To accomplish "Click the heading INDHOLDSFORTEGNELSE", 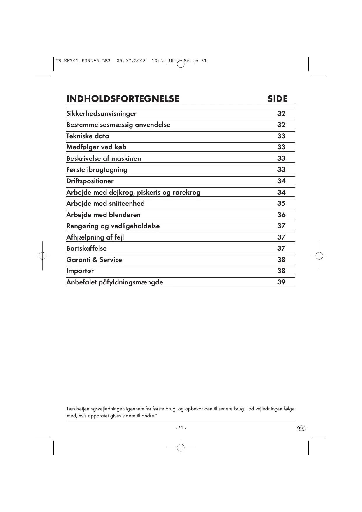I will tap(123, 99).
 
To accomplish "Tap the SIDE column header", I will tap(277, 99).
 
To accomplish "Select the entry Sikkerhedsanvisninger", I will tap(101, 113).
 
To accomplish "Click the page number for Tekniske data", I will tap(281, 136).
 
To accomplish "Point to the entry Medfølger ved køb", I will tap(96, 147).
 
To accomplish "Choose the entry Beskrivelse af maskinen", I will tap(104, 158).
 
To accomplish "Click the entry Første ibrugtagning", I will tap(97, 169).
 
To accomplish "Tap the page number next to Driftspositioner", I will tap(281, 181).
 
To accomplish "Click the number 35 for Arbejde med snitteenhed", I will tap(281, 203).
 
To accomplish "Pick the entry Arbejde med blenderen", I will tap(103, 215).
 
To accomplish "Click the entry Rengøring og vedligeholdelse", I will tap(113, 226).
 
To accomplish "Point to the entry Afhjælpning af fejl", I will tap(95, 237).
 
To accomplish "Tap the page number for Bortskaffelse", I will tap(281, 248).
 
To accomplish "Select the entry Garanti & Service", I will tap(94, 260).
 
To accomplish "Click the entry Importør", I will tap(80, 271).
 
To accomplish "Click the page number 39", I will tap(281, 282).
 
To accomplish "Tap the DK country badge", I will tap(302, 428).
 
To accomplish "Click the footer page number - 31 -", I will tap(181, 428).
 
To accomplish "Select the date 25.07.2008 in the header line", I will tap(131, 61).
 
